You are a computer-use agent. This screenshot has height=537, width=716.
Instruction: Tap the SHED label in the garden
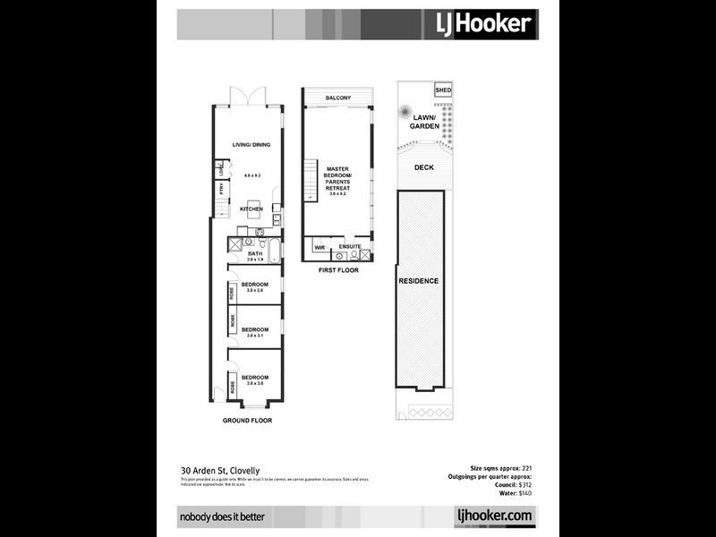pos(443,90)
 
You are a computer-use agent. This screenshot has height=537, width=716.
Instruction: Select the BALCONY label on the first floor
pos(337,98)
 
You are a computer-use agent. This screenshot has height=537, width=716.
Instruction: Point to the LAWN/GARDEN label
pos(425,123)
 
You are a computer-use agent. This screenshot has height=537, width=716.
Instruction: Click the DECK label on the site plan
pos(424,167)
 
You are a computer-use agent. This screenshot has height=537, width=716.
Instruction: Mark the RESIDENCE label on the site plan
pos(419,281)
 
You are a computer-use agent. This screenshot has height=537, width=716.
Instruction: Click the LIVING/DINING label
pos(251,145)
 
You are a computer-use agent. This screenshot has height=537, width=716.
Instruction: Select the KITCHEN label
pos(251,209)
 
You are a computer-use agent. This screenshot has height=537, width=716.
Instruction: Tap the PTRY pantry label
pos(221,188)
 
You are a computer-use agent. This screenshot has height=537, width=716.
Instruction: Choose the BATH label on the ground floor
pos(254,254)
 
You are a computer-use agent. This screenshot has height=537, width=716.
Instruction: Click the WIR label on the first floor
pos(318,246)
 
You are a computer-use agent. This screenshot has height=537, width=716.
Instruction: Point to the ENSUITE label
pos(350,246)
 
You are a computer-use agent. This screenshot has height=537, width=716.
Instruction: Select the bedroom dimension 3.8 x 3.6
pos(254,383)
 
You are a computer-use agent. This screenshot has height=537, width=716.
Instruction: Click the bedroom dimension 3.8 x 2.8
pos(254,290)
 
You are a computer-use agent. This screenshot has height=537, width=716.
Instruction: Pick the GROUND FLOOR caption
pos(247,421)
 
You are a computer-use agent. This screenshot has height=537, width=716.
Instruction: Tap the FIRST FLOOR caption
pos(337,268)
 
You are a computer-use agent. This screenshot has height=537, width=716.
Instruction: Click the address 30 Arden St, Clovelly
pos(219,469)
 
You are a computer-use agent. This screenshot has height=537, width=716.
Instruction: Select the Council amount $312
pos(523,485)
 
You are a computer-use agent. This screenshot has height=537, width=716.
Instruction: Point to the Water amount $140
pos(524,493)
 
